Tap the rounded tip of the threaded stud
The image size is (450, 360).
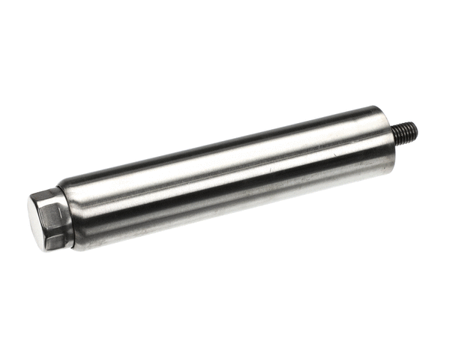click(415, 129)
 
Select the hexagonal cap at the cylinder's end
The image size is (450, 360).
click(49, 220)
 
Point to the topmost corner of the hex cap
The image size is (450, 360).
click(46, 192)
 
